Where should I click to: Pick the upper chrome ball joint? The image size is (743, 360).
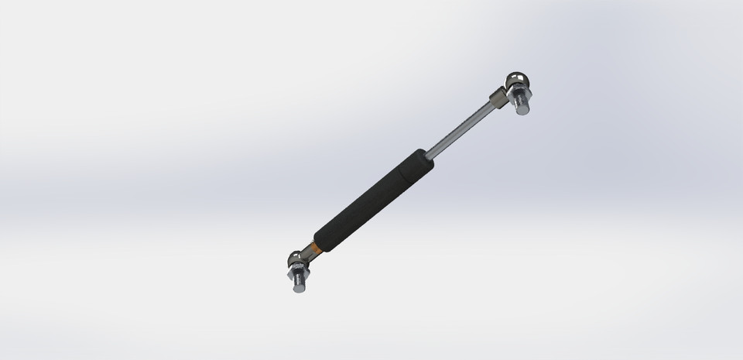pos(516,81)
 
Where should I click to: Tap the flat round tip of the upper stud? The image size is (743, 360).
pos(523,110)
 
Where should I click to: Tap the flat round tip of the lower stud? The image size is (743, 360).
pos(299,290)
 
